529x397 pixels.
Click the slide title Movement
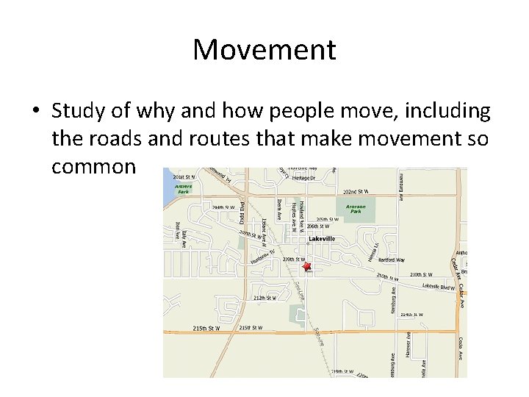click(264, 50)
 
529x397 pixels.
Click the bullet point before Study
click(35, 112)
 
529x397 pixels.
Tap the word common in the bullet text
click(93, 167)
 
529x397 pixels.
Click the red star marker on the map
click(307, 267)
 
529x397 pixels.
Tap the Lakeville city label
click(322, 239)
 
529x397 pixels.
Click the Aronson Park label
click(355, 210)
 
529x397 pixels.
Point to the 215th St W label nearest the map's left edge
click(206, 328)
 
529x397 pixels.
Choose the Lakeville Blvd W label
click(439, 286)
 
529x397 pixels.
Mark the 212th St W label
click(264, 298)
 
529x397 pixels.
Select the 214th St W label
click(411, 315)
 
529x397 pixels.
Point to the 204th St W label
click(223, 207)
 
